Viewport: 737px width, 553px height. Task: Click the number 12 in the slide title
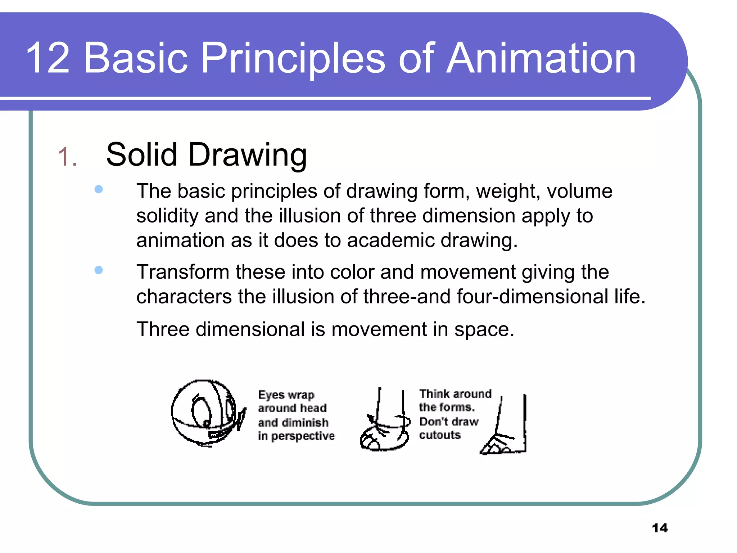point(48,58)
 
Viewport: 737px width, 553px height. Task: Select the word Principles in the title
point(293,58)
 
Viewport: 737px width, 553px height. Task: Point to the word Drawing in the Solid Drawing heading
point(247,155)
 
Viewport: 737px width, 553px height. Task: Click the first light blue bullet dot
point(98,189)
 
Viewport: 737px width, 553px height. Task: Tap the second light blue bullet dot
point(98,270)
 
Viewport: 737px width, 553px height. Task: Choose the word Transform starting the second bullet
point(183,272)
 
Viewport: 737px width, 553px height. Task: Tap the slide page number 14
point(660,528)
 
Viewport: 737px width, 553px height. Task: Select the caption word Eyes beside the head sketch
point(271,395)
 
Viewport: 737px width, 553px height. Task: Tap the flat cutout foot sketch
point(506,432)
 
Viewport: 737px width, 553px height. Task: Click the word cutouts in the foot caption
point(440,435)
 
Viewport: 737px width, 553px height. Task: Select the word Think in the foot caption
point(432,394)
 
